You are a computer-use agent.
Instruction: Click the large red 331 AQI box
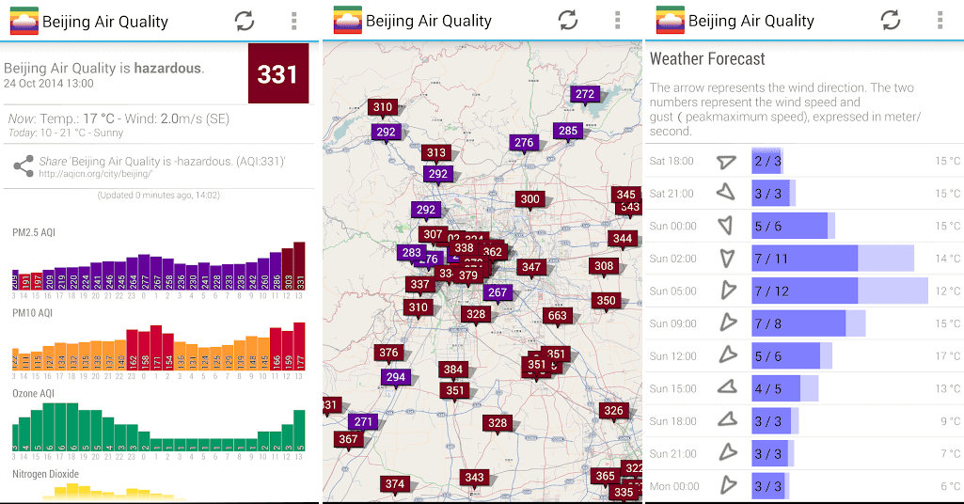(x=277, y=73)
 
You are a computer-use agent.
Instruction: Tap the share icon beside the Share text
(x=24, y=166)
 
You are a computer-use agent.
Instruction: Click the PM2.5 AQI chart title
(x=34, y=232)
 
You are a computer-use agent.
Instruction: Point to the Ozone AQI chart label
(x=34, y=393)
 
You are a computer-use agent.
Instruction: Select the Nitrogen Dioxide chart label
(x=46, y=474)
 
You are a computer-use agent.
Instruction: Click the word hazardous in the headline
(x=167, y=68)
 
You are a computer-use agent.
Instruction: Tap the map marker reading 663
(x=558, y=315)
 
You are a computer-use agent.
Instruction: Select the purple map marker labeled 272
(x=585, y=94)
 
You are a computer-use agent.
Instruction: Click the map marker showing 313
(x=435, y=152)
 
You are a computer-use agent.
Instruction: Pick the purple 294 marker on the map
(x=395, y=377)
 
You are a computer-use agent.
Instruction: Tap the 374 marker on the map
(x=394, y=484)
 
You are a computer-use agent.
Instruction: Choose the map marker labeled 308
(x=604, y=266)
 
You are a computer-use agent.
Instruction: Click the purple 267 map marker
(x=498, y=292)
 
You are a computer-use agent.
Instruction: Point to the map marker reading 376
(x=387, y=353)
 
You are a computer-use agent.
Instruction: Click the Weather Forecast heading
(x=707, y=58)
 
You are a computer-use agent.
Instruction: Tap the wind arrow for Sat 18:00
(x=724, y=162)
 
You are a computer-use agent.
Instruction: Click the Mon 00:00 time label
(x=674, y=486)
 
